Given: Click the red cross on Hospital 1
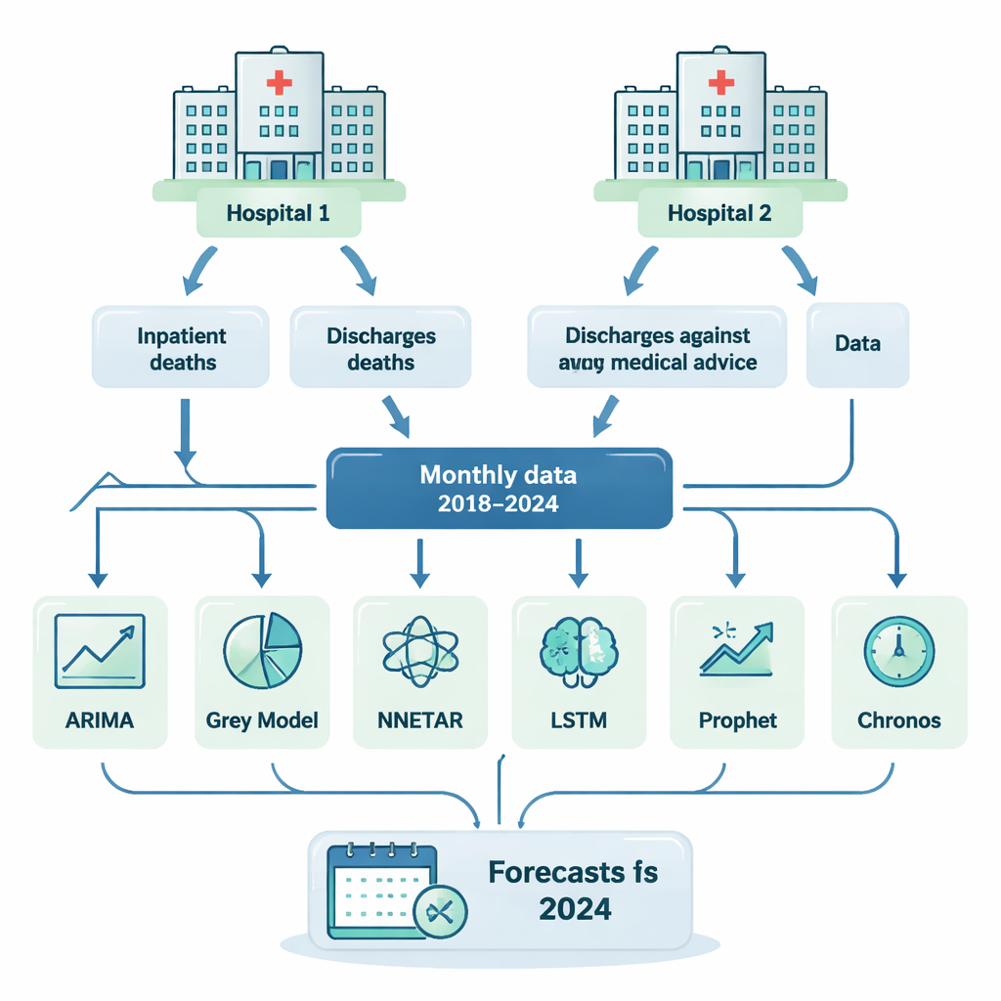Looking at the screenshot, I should coord(279,82).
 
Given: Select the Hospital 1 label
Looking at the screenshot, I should coord(278,212).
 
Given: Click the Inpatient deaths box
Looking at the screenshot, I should coord(181,348).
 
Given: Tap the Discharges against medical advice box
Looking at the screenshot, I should coord(657,348).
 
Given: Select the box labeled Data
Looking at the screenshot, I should coord(857,344).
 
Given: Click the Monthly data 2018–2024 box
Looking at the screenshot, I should coord(499,488).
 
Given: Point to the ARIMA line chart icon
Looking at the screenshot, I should coord(101,648).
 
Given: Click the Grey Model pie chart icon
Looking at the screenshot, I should coord(263,650).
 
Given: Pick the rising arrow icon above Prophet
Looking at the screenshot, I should coord(736,648).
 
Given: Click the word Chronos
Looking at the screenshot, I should coord(899,720).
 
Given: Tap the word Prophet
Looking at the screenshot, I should coord(738,720).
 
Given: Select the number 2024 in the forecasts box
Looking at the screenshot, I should coord(575,909).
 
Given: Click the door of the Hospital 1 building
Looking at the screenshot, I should coord(279,170).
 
